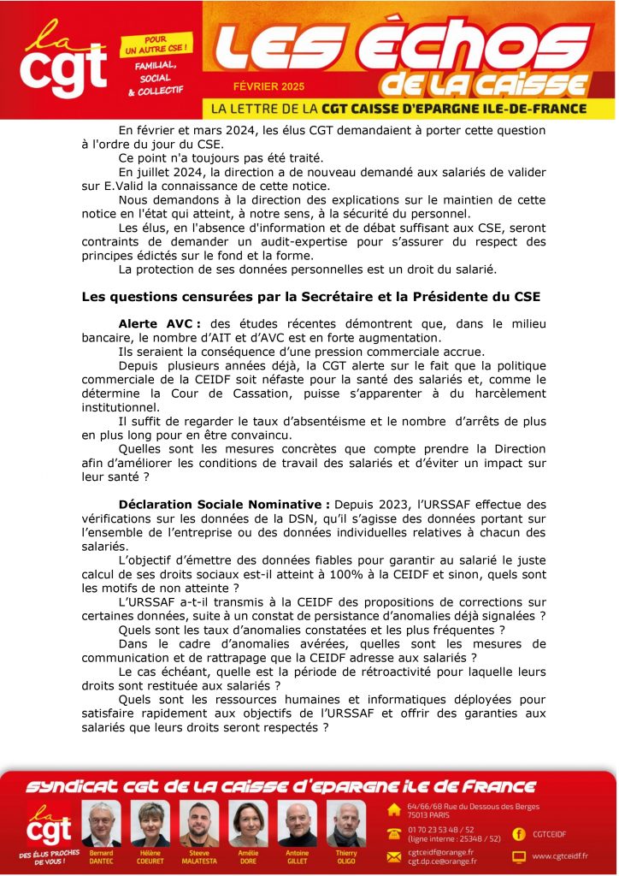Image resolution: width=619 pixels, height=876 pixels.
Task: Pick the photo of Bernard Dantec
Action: [x=101, y=823]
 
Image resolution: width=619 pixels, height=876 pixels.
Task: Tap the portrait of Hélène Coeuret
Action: [x=150, y=823]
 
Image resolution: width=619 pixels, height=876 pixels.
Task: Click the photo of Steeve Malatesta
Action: [x=199, y=823]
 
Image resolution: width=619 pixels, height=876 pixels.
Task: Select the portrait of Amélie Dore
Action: [x=248, y=823]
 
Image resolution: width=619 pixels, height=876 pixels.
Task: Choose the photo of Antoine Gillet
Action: [x=298, y=823]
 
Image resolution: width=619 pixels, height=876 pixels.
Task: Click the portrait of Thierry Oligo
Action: [x=345, y=823]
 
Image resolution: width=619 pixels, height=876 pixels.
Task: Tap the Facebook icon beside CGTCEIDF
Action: [x=518, y=832]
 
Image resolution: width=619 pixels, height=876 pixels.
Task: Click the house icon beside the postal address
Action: [x=394, y=809]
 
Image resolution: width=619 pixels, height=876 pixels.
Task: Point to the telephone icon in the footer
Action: [x=394, y=833]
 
